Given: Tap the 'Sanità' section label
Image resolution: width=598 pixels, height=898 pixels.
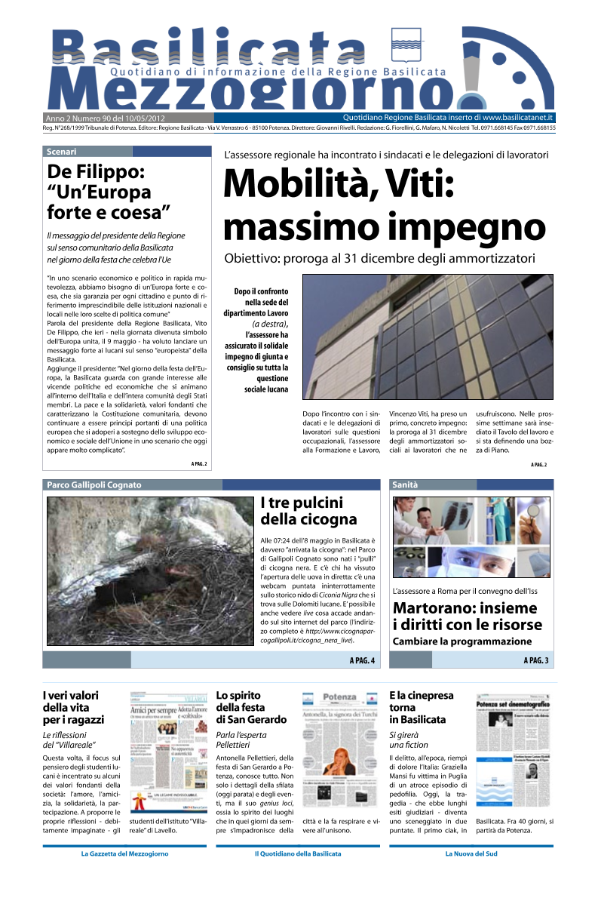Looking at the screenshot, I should point(405,484).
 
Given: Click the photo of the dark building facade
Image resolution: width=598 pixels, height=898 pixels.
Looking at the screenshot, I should point(428,337).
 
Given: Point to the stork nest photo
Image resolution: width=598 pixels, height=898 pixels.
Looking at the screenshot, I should point(149,570).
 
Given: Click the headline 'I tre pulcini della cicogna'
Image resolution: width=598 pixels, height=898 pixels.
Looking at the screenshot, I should point(308,511).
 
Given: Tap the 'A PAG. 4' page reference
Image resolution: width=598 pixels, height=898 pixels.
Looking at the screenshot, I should point(362,661).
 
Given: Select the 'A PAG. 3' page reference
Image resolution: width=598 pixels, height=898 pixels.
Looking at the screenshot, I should point(535,661).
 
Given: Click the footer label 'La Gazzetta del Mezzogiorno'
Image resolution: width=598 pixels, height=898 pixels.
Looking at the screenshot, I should point(124,853).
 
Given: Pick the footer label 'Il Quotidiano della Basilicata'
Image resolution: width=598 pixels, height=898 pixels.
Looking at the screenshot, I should point(298,853).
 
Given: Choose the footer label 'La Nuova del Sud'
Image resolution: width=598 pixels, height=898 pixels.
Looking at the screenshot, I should point(471,853).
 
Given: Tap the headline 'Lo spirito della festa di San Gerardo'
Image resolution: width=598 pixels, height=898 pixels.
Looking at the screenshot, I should point(251,707).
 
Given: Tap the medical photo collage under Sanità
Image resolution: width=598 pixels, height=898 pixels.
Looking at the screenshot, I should point(471,537).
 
